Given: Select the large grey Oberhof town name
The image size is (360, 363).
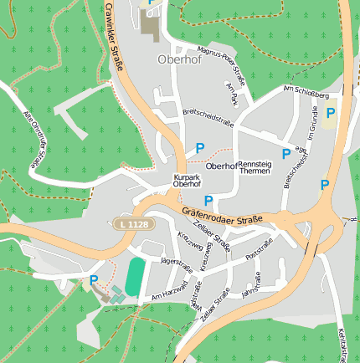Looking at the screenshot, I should tap(175, 59).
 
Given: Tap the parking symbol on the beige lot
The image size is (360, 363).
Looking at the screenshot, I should tap(331, 113).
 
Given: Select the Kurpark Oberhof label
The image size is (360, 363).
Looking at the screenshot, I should tap(187, 181).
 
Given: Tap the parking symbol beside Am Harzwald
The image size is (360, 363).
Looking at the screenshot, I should tap(94, 280).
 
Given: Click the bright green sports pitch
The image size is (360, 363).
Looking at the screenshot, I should tap(135, 273).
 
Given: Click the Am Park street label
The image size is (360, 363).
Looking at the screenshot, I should tap(232, 93).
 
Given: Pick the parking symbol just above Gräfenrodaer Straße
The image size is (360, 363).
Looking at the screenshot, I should tap(208, 200).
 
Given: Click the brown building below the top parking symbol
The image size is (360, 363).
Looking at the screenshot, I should tap(150, 25).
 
